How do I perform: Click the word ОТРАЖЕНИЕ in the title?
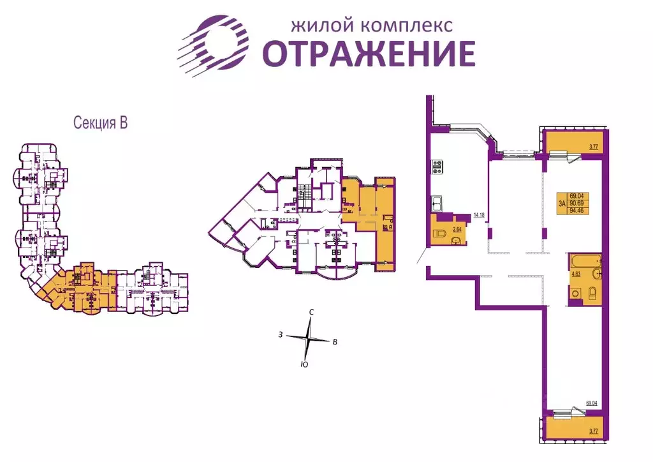(x=370, y=54)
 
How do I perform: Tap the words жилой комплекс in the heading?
(x=372, y=26)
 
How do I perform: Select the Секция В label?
(x=101, y=123)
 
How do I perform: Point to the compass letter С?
(x=311, y=312)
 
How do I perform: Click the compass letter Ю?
(x=304, y=364)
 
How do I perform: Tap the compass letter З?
(x=279, y=334)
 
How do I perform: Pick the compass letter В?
(x=335, y=342)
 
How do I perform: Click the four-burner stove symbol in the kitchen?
(x=438, y=167)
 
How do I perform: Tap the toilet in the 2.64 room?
(x=439, y=234)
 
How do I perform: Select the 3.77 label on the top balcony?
(x=592, y=147)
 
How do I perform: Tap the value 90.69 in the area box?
(x=578, y=203)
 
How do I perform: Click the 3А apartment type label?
(x=562, y=203)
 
